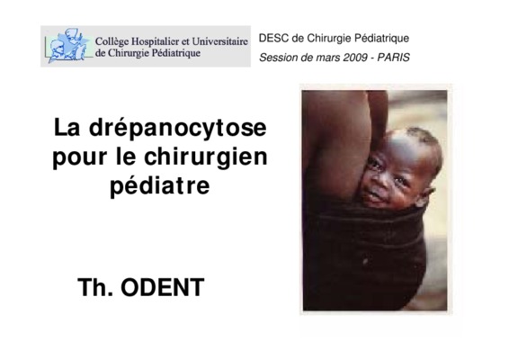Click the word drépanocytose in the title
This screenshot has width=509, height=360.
coord(177,129)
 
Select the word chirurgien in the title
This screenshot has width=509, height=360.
coord(206,157)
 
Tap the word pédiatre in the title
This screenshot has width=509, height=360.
coord(160,186)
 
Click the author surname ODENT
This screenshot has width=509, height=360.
coord(162,287)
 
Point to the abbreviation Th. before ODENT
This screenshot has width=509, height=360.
coord(95,287)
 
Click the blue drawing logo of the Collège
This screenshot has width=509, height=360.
coord(68,46)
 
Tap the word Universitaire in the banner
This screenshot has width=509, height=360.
coord(220,41)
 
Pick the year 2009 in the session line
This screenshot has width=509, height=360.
coord(355,58)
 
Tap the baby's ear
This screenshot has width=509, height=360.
coord(427,195)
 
